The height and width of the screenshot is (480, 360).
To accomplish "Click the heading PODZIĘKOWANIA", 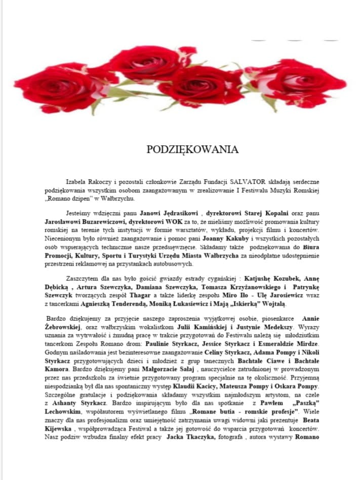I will [192, 149].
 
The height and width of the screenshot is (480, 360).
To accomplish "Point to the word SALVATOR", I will [245, 181].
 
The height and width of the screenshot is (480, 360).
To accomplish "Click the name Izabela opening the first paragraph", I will [77, 181].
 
